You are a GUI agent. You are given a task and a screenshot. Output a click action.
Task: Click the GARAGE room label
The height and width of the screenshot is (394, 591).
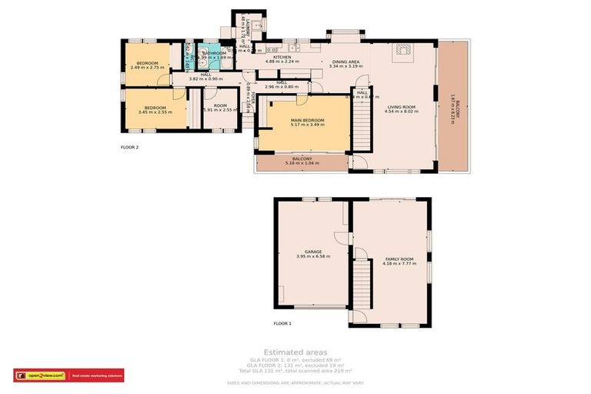[312, 252]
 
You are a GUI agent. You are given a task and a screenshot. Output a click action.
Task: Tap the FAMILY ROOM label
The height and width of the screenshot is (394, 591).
[399, 259]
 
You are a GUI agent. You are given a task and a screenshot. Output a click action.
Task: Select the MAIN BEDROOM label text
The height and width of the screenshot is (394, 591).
[307, 121]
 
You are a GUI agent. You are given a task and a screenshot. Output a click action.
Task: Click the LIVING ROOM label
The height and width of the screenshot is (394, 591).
[401, 107]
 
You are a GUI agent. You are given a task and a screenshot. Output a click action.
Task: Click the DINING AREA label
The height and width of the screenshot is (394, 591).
[345, 62]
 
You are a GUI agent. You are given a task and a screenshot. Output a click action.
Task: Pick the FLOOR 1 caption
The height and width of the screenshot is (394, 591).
[282, 324]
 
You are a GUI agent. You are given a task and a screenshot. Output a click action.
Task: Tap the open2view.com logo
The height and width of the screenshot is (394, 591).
[42, 376]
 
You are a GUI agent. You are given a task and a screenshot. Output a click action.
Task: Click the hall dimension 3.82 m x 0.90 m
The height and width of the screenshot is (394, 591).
[205, 78]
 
